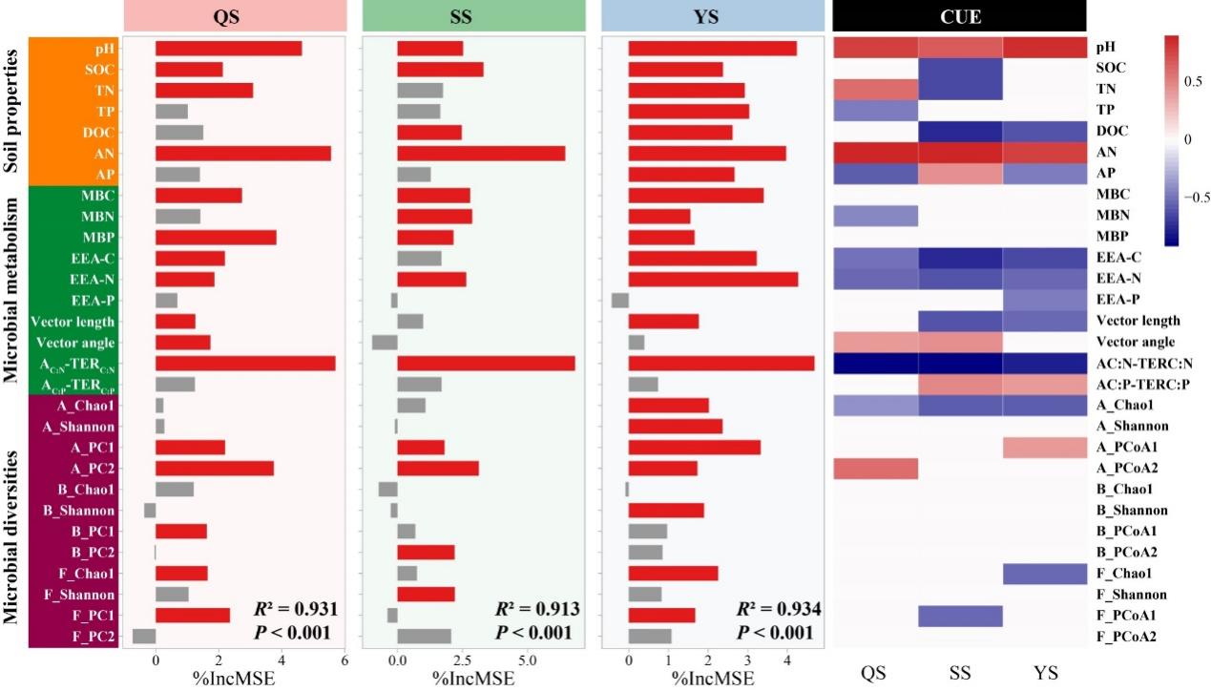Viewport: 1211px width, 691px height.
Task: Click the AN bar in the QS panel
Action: tap(242, 154)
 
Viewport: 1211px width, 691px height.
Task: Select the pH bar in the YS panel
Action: tap(712, 49)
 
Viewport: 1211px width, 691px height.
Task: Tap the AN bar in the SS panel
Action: tap(480, 154)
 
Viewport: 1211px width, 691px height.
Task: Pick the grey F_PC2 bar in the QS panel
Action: tap(144, 637)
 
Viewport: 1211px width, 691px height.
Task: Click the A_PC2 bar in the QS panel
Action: tap(214, 469)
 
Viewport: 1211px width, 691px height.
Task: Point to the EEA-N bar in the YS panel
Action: tap(713, 280)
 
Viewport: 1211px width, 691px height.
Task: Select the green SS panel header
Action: tap(473, 17)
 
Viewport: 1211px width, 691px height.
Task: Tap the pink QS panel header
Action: tap(234, 17)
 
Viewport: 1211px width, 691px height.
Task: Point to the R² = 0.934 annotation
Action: tap(780, 609)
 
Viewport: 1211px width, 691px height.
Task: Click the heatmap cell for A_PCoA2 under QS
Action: tap(875, 469)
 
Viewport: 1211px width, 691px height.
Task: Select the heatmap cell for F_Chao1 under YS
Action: tap(1045, 574)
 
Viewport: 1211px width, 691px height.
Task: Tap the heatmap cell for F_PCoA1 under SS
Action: tap(960, 616)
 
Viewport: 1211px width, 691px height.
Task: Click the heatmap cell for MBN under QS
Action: tap(875, 217)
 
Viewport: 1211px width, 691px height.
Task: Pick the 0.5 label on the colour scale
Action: tap(1193, 81)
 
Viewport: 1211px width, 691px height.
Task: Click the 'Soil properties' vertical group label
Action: tap(13, 111)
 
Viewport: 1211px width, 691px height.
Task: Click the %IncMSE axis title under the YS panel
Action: tap(712, 679)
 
